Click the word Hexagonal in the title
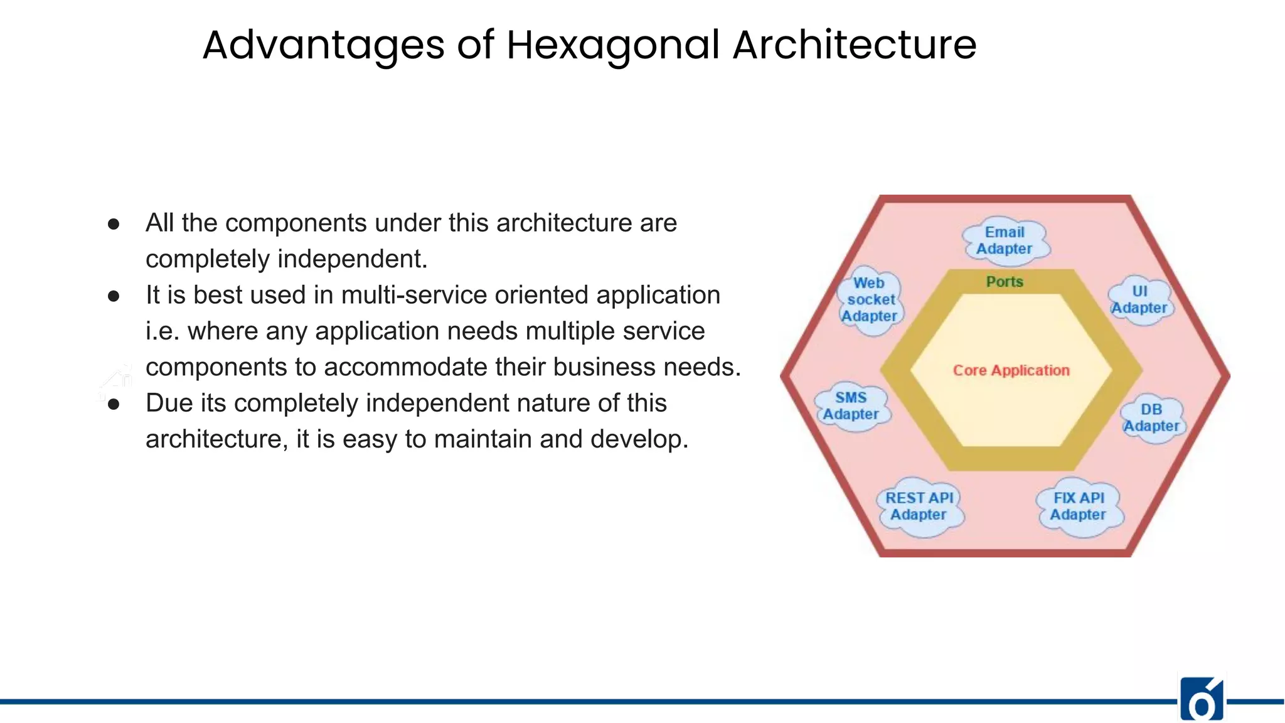click(x=613, y=45)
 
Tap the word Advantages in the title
click(x=323, y=45)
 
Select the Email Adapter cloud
click(x=1005, y=240)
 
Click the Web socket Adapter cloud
click(x=870, y=300)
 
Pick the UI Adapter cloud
click(x=1139, y=300)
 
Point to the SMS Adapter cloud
click(x=851, y=406)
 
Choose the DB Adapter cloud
click(x=1151, y=418)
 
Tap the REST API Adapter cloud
click(x=919, y=506)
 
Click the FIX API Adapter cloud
click(x=1079, y=506)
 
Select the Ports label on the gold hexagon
click(x=1005, y=282)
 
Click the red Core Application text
click(x=1011, y=370)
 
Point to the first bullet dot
click(x=114, y=224)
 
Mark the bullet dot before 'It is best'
click(x=114, y=296)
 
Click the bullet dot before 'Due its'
click(x=114, y=404)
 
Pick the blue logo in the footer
click(x=1202, y=699)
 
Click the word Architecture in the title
click(x=855, y=45)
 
